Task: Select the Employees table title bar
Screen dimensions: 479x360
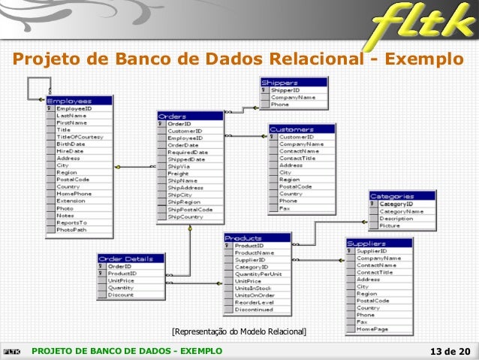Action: [79, 100]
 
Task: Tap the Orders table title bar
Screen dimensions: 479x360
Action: [190, 116]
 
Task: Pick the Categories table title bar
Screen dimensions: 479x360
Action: [402, 195]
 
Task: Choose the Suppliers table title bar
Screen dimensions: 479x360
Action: [378, 243]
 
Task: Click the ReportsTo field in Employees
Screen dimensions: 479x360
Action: [72, 222]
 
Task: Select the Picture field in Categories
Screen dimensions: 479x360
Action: [390, 225]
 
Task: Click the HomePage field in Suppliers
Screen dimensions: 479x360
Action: [372, 329]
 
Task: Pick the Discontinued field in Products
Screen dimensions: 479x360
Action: [254, 309]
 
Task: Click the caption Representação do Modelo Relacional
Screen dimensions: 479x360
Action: [239, 331]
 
